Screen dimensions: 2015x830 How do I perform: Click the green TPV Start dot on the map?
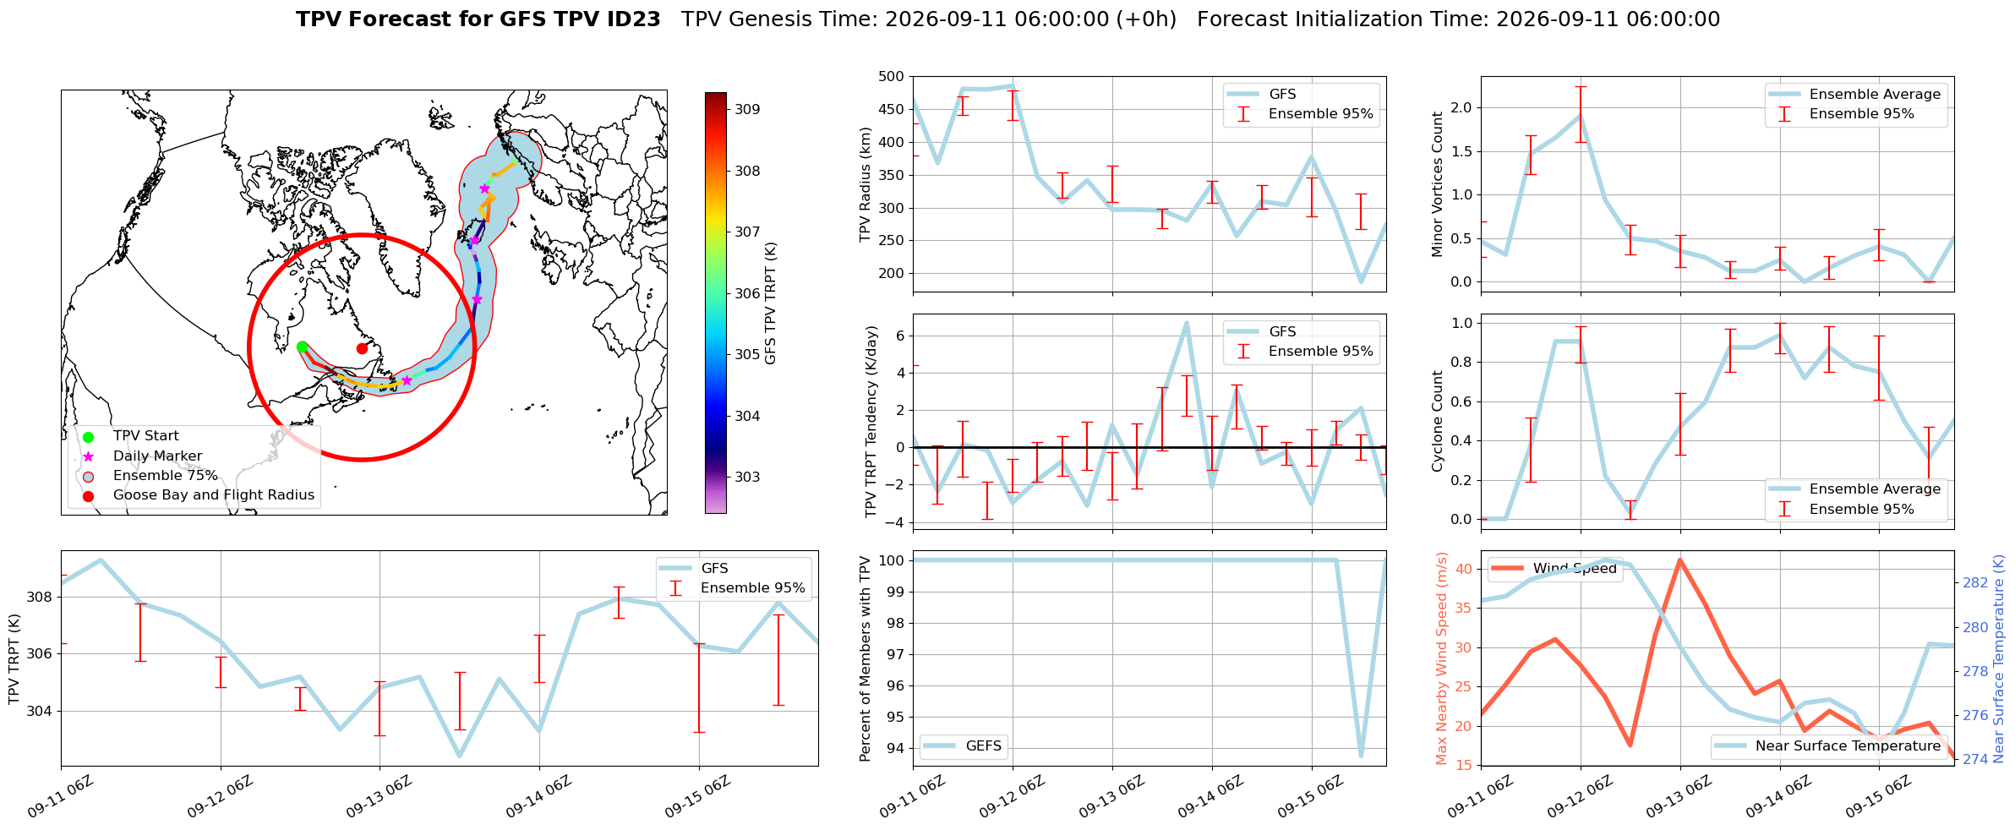pos(302,347)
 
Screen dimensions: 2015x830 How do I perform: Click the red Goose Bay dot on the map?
pos(362,348)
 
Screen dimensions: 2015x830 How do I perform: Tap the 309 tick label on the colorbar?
pos(747,109)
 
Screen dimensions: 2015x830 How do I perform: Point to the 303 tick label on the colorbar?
pos(747,477)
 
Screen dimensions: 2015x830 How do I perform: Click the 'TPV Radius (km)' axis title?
pos(865,184)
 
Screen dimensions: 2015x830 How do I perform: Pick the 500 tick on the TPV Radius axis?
pos(891,77)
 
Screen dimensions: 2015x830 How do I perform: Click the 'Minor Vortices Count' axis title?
pos(1438,184)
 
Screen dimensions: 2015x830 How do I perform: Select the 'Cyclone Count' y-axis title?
pos(1438,421)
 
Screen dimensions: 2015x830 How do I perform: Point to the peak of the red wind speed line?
pos(1679,560)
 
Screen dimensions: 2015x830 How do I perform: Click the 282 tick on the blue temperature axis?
pos(1975,582)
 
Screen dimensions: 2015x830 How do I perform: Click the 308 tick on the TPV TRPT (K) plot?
pos(39,597)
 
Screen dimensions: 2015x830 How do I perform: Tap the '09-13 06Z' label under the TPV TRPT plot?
pos(380,796)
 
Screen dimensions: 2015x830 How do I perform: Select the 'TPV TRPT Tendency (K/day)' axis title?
pos(871,422)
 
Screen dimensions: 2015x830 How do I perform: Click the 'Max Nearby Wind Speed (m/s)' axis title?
pos(1442,658)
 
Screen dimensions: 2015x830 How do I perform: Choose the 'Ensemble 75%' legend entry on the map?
pos(165,476)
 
